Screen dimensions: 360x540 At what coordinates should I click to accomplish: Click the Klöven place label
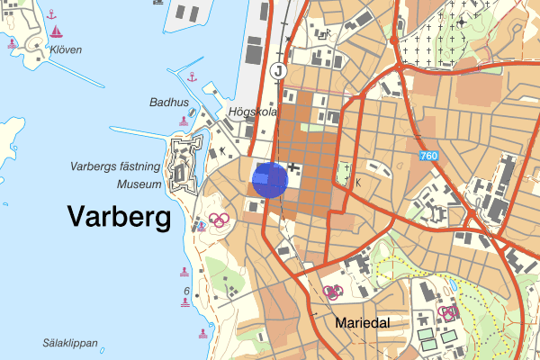tap(66, 50)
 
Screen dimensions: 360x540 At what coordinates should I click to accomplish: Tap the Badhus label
tap(168, 103)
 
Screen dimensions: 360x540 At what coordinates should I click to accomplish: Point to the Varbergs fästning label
tap(115, 167)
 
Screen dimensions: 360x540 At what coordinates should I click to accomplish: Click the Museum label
tap(139, 184)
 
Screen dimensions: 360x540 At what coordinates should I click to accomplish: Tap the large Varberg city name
tap(119, 217)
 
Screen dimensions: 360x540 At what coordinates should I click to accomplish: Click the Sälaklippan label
tap(69, 343)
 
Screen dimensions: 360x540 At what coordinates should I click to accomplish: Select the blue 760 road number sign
tap(429, 157)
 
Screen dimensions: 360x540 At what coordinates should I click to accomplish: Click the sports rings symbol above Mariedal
tap(333, 292)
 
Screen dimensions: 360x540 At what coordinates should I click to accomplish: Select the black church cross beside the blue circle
tap(292, 167)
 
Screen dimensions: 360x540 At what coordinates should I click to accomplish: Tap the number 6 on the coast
tap(185, 292)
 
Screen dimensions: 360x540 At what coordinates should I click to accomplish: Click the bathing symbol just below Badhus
tap(184, 121)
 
